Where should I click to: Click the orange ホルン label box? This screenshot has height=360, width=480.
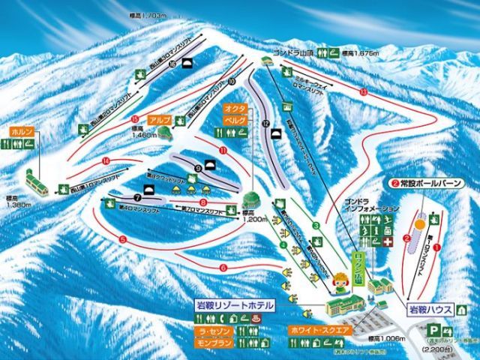click(22, 132)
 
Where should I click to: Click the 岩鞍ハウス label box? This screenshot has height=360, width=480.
click(430, 308)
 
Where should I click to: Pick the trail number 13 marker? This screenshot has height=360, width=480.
click(363, 91)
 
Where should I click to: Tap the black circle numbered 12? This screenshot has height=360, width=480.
click(266, 124)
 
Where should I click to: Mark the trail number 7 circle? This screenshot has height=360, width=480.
click(137, 196)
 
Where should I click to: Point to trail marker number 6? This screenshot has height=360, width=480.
click(223, 266)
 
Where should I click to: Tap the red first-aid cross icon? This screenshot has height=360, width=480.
click(388, 243)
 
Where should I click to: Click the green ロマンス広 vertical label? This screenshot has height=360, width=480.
click(358, 265)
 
